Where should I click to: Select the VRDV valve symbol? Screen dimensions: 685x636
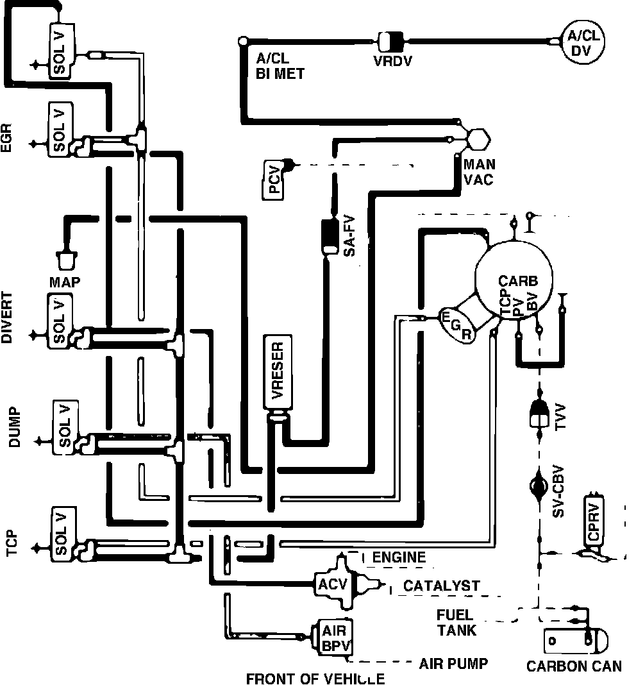point(390,42)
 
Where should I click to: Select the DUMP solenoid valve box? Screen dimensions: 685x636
point(65,427)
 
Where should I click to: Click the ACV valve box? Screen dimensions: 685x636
point(333,584)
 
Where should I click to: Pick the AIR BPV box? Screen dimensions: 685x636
point(333,638)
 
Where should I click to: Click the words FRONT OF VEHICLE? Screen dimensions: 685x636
point(315,679)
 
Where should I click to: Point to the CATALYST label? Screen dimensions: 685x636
point(441,586)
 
